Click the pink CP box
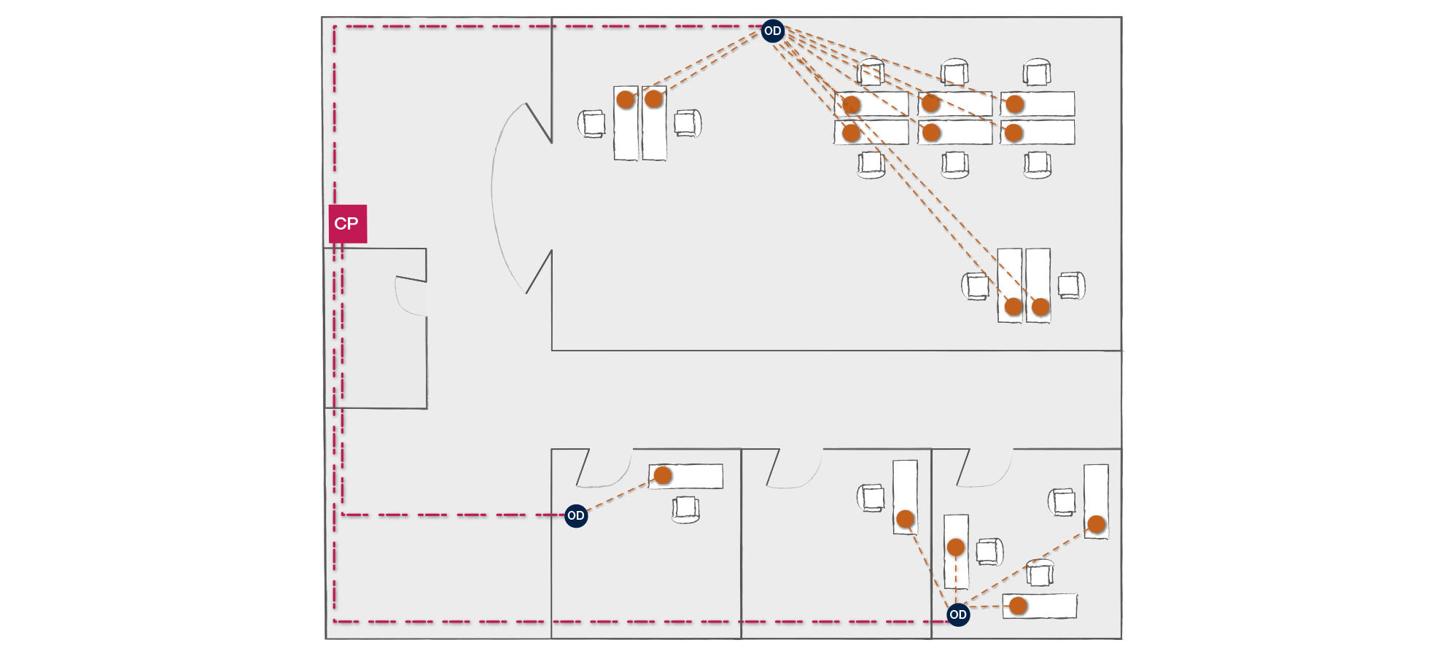pos(347,224)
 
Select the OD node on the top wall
pos(772,31)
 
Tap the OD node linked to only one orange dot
pos(576,516)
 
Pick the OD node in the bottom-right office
pos(958,614)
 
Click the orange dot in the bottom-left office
pos(663,476)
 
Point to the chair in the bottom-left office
pos(685,509)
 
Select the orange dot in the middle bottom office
pos(906,519)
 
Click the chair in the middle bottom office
pos(871,498)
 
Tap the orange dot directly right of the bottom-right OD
pos(1019,606)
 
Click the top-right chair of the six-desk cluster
pos(1037,72)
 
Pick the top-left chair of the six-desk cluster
pos(871,72)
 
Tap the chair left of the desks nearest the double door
pos(592,123)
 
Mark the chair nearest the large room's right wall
pos(1071,285)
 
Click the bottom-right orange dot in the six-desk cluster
pos(1014,133)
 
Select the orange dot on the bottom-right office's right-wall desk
pos(1097,524)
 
